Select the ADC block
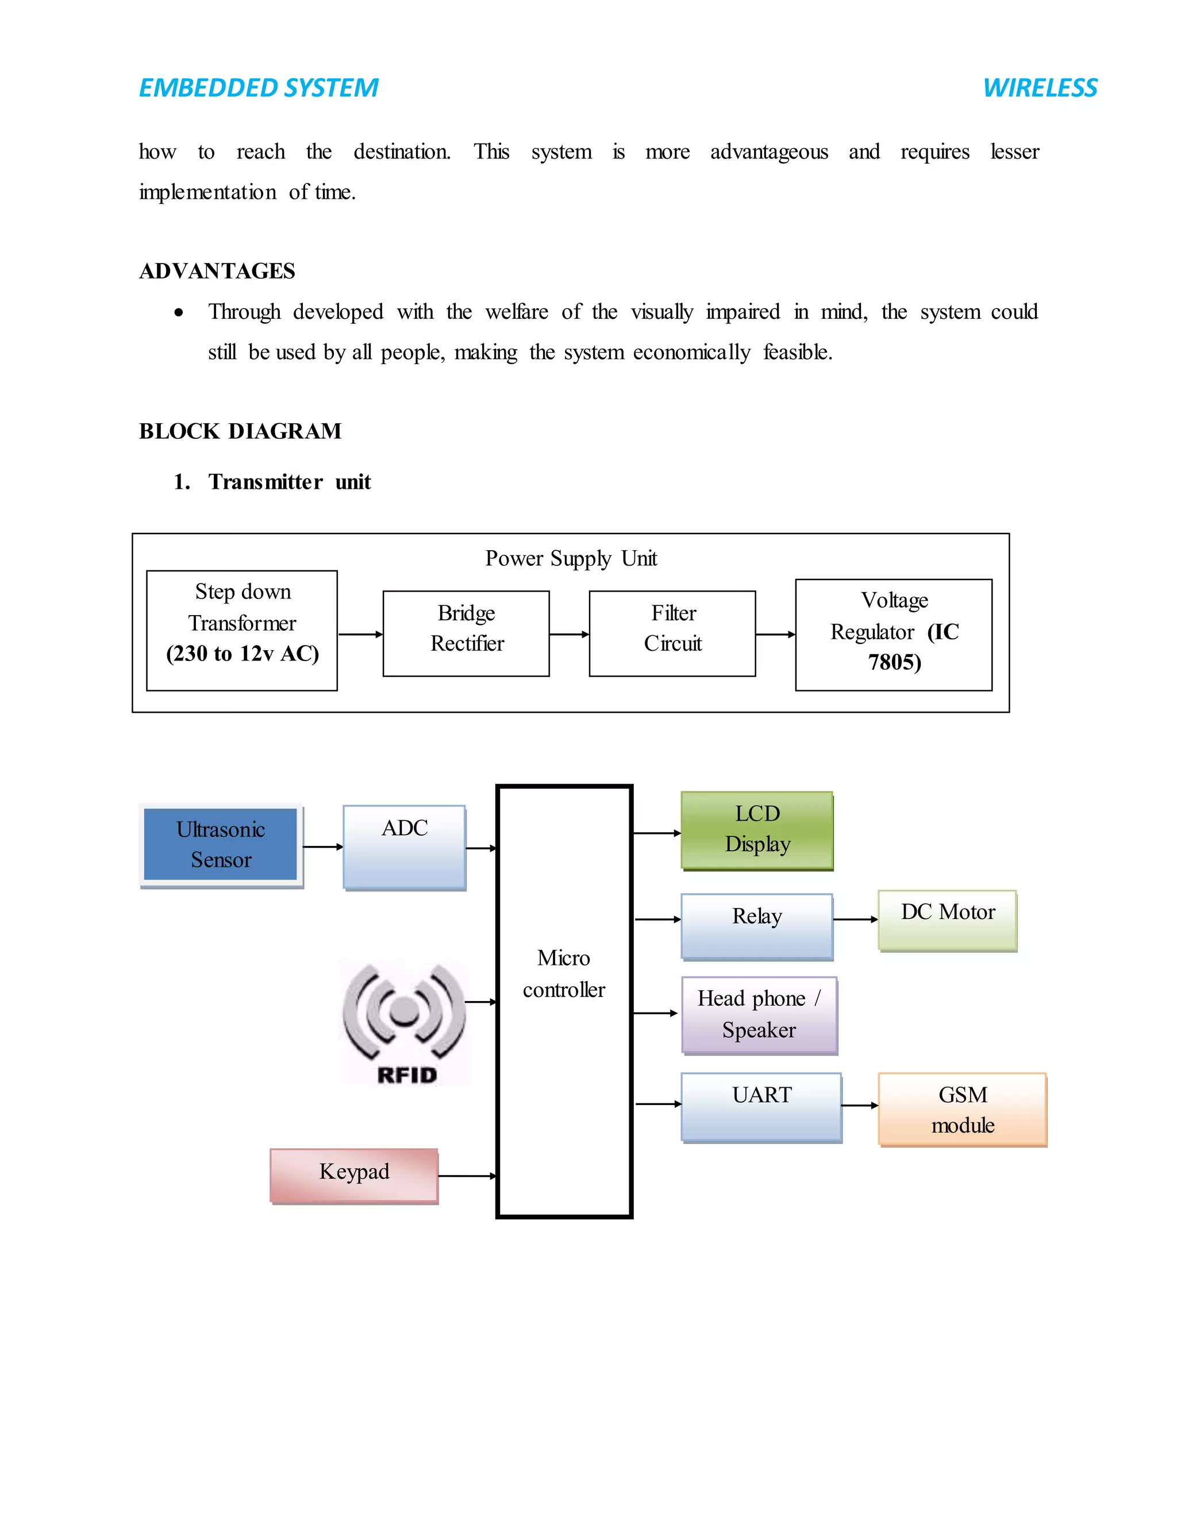click(x=405, y=847)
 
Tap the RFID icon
click(x=405, y=1023)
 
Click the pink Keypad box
click(x=354, y=1175)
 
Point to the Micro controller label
click(x=563, y=974)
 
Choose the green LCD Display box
click(x=757, y=829)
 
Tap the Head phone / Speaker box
click(x=759, y=1015)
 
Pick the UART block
click(x=761, y=1106)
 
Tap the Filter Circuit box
click(x=672, y=633)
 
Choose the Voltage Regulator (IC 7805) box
click(x=893, y=634)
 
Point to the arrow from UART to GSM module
click(x=860, y=1105)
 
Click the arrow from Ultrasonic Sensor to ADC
click(x=323, y=847)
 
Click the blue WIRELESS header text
click(x=1040, y=88)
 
